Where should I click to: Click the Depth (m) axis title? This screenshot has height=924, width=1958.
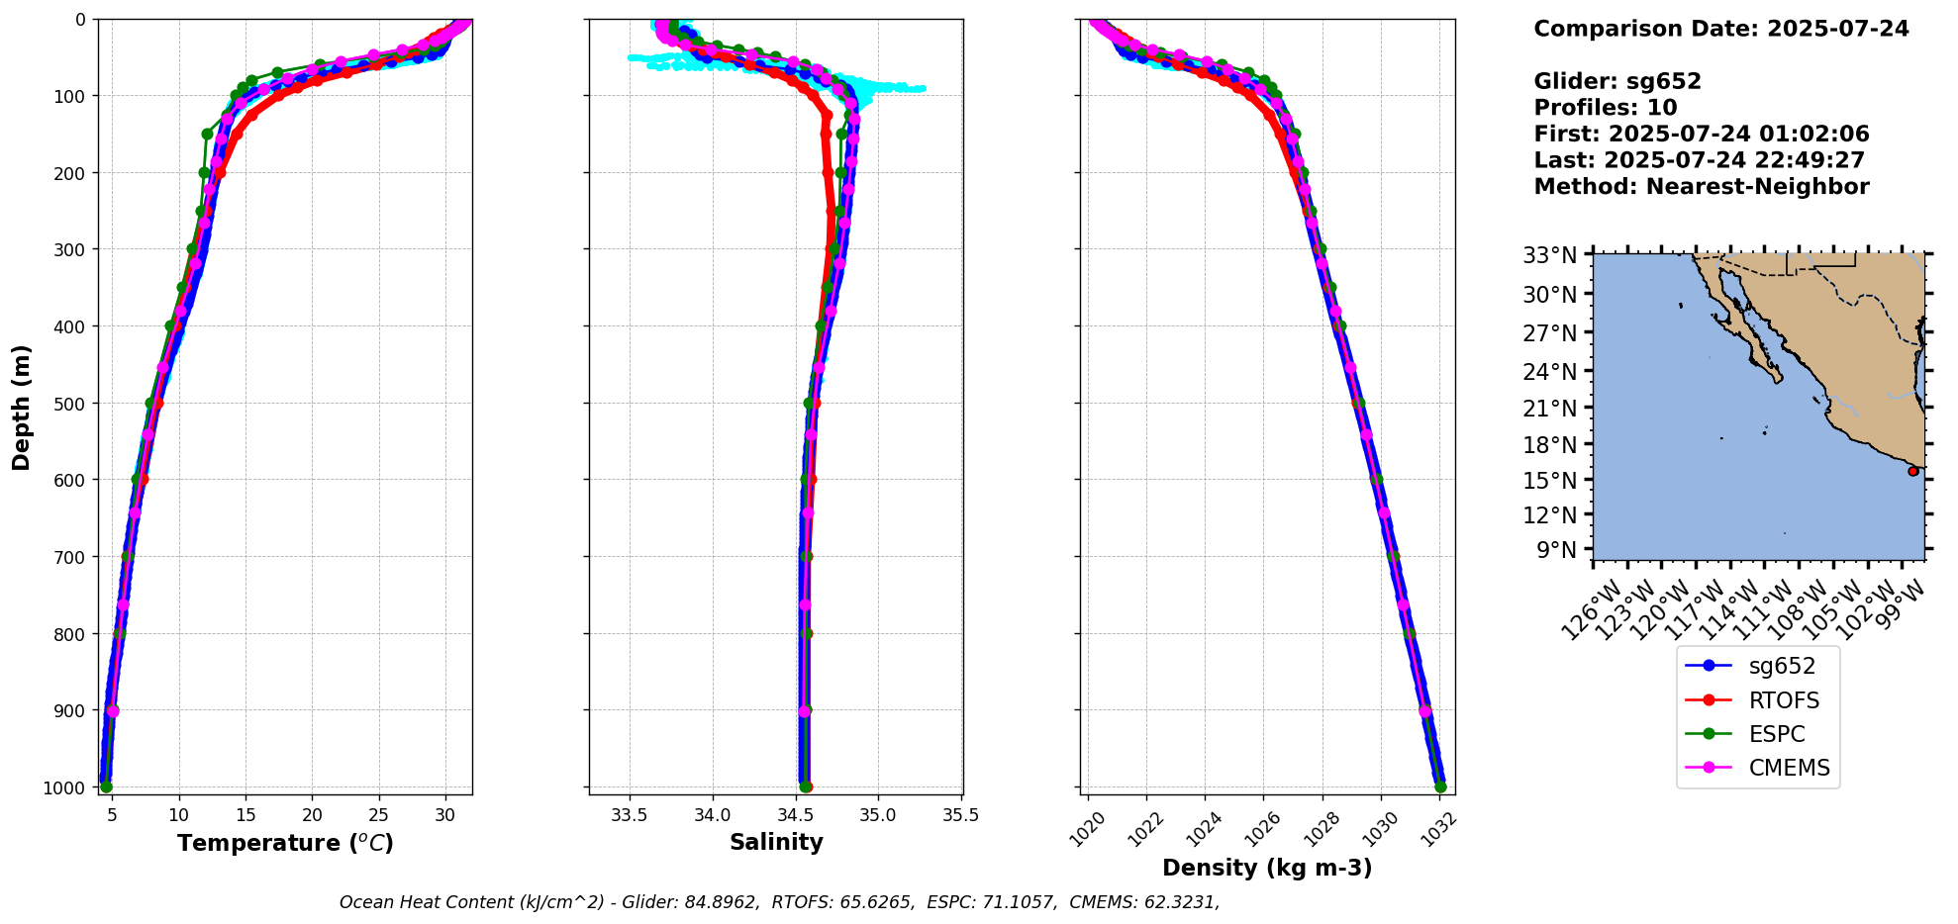tap(22, 408)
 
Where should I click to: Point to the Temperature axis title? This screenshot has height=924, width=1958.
tap(285, 843)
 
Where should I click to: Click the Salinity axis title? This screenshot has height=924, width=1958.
tap(776, 842)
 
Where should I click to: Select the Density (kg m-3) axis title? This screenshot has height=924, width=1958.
tap(1267, 868)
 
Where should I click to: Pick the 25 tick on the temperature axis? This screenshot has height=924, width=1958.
tap(379, 815)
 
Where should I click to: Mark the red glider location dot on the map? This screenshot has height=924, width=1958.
tap(1912, 471)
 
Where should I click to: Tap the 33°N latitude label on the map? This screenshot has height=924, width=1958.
tap(1550, 256)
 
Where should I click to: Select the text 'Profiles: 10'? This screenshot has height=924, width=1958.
tap(1605, 108)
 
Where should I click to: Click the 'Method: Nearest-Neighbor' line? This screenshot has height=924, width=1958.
tap(1701, 187)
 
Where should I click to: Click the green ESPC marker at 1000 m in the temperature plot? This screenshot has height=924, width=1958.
tap(106, 786)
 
